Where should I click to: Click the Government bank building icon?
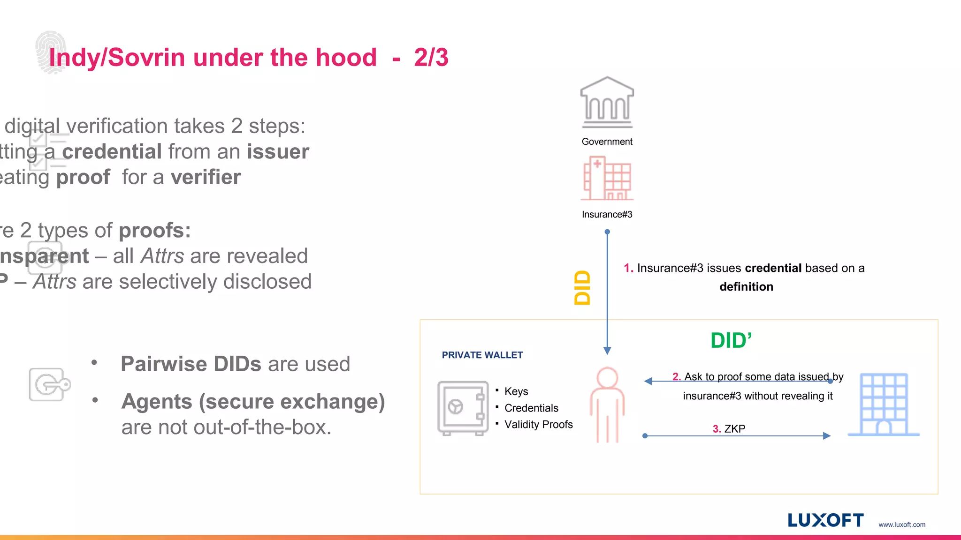click(607, 102)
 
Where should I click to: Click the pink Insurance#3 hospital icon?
click(607, 179)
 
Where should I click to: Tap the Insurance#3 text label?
click(607, 214)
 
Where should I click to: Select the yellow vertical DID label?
click(582, 287)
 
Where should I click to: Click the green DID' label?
click(731, 340)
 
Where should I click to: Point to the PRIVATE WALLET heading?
click(482, 355)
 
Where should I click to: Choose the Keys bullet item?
click(516, 391)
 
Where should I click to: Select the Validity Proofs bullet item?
click(538, 424)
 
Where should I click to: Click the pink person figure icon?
click(607, 405)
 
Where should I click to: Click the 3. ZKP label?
click(729, 428)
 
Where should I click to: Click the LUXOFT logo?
click(825, 520)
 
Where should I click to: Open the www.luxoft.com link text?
click(901, 525)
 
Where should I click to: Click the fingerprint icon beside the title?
click(50, 52)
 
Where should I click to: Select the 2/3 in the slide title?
click(431, 58)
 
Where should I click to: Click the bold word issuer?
click(278, 152)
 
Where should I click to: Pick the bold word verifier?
click(206, 177)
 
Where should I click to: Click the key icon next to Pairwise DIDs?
click(49, 384)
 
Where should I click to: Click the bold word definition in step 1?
click(746, 286)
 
